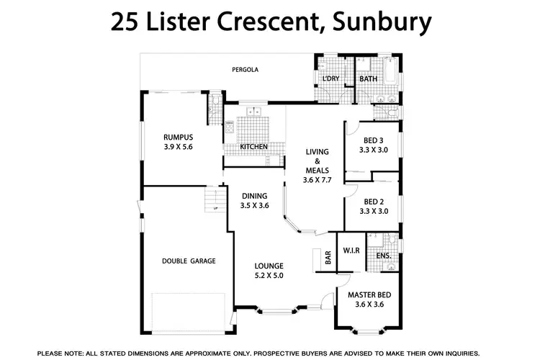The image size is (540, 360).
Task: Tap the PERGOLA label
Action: pos(245,70)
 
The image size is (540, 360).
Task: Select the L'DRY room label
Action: pos(331,78)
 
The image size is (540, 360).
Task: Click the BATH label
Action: pos(368,78)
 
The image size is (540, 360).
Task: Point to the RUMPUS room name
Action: pos(178,137)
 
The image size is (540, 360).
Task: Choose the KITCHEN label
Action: pos(253,147)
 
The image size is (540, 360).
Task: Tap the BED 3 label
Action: pos(373,140)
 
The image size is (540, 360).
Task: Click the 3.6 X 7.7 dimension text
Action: pos(317,180)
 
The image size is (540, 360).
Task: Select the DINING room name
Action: pos(254,195)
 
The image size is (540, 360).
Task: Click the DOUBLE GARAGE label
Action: pos(189,261)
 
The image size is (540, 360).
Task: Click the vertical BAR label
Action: pos(328,257)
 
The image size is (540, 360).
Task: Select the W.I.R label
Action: pos(351,251)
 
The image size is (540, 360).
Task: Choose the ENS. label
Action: pos(383,256)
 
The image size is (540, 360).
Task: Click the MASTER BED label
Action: pos(369,295)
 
